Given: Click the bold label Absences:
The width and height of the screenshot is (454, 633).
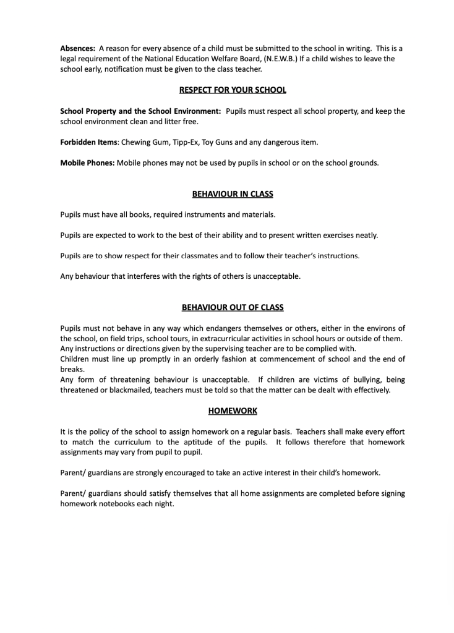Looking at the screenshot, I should point(77,48).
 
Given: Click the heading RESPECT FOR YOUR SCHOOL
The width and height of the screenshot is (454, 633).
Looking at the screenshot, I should point(233,90).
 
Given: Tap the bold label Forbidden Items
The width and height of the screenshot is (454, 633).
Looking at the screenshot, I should point(88,142).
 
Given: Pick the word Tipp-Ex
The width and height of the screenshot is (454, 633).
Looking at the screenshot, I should point(184,142).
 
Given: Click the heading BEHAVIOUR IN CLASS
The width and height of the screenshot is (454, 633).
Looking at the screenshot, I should point(233,194).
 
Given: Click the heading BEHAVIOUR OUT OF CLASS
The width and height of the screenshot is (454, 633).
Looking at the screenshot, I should point(233,307).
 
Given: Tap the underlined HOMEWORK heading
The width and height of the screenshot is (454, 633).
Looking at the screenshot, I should point(233,410).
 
